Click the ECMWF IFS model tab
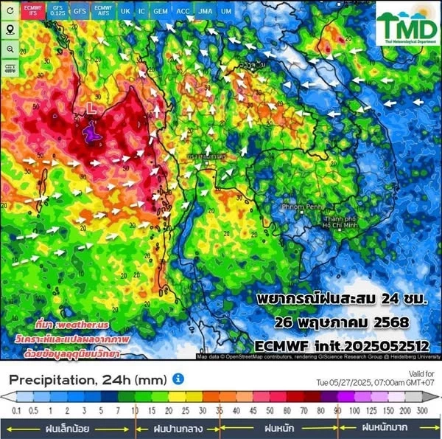pos(32,12)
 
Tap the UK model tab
pos(125,12)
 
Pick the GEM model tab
pos(160,12)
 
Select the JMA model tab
pos(206,12)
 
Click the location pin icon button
pos(10,30)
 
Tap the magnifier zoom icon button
pos(10,49)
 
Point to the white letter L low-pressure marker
pos(91,108)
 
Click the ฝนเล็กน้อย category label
pos(69,427)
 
